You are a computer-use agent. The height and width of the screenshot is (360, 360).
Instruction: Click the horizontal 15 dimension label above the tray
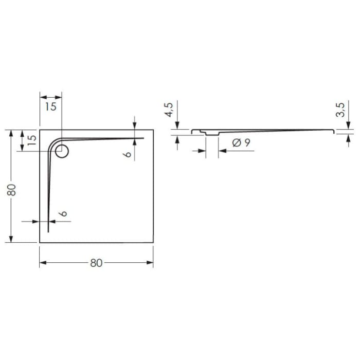point(50,107)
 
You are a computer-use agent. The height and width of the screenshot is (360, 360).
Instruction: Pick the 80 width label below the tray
point(96,263)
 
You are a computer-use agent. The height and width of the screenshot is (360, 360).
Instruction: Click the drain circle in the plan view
point(62,151)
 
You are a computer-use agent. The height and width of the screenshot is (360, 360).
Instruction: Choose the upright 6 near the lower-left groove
point(62,214)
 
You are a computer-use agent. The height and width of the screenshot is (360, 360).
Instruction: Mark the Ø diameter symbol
point(237,143)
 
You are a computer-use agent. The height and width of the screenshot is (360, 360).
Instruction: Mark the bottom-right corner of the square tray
point(153,243)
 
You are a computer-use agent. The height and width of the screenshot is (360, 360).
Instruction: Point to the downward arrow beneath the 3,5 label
point(348,125)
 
